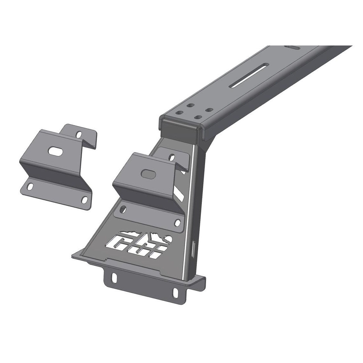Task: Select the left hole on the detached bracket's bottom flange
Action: (30, 186)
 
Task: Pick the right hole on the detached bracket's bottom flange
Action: (84, 199)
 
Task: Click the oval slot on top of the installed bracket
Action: (148, 173)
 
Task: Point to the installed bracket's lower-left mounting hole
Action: (122, 209)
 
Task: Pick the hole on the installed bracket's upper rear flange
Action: (172, 157)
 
